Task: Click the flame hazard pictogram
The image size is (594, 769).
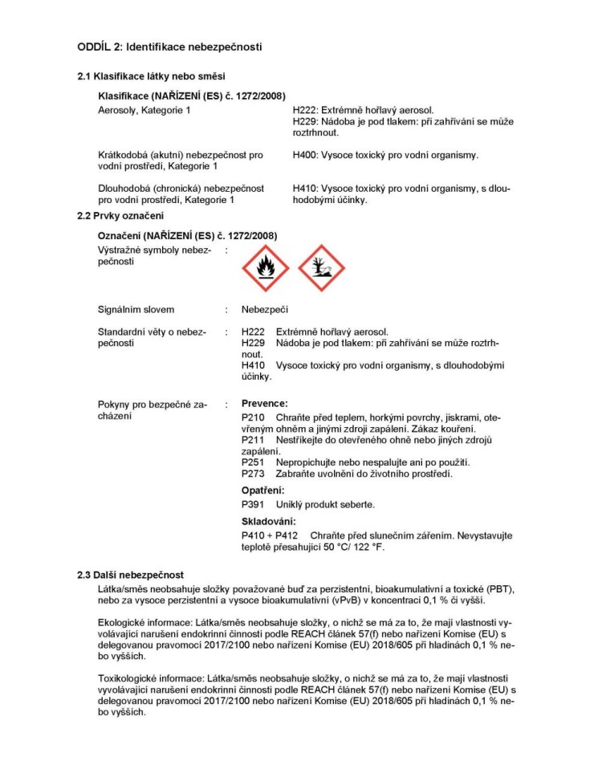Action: (x=266, y=268)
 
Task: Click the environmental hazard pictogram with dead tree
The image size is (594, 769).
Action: (x=321, y=268)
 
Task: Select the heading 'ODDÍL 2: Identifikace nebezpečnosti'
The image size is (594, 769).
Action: (x=169, y=47)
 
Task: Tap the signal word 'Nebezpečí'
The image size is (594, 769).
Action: (x=264, y=310)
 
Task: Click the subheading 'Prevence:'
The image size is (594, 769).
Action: (x=264, y=404)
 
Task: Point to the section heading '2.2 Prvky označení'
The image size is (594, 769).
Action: (x=120, y=216)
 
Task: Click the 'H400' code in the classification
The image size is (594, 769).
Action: (x=305, y=155)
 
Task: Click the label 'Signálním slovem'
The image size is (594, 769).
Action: (x=136, y=310)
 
